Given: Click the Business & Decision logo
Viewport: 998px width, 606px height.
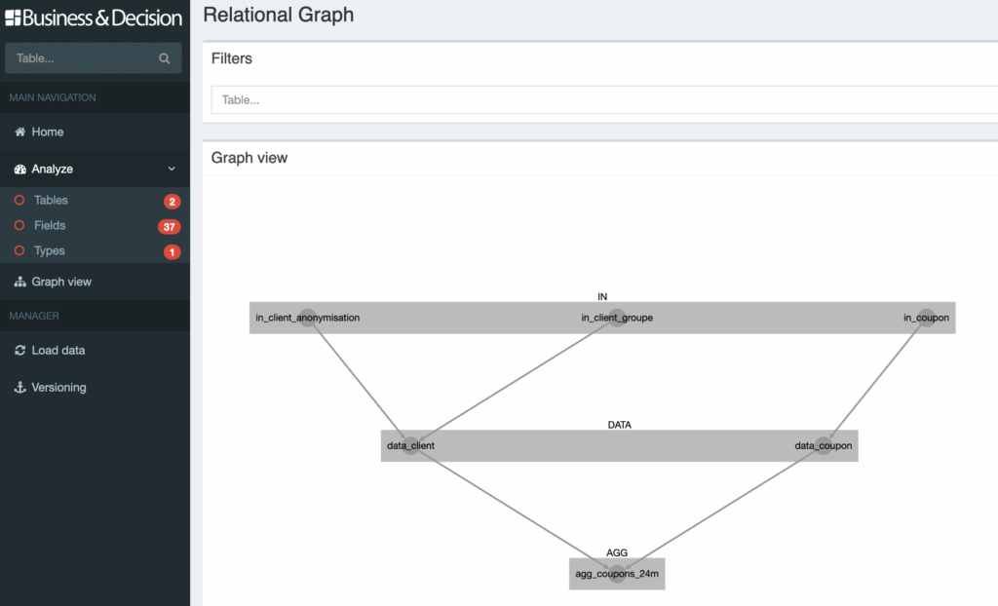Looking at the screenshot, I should (94, 18).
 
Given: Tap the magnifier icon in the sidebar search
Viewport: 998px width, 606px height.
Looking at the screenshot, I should (164, 58).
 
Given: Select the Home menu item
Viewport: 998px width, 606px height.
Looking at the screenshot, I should (47, 132).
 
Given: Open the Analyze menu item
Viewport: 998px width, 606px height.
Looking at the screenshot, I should (52, 169).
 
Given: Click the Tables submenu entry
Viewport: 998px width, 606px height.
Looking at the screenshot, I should (51, 200).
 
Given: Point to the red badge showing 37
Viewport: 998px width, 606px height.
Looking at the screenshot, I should (170, 227).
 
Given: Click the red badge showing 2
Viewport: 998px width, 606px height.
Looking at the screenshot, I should (173, 202).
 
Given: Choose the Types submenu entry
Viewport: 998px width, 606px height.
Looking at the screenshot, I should (49, 250).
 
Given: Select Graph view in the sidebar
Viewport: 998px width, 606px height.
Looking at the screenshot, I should (60, 282).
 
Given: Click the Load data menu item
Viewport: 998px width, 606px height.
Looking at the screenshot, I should (58, 350).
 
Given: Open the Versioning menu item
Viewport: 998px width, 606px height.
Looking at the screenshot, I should (58, 387).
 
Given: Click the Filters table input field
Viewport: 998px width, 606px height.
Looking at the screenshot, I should (604, 99).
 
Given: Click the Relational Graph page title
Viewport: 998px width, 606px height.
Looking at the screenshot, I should (279, 15).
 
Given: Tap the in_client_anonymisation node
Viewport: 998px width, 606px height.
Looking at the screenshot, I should (308, 318).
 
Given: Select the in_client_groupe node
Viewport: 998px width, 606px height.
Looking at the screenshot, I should (617, 318).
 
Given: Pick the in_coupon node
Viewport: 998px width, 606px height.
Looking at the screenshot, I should (927, 318).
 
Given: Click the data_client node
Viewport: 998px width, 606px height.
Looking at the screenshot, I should (410, 445).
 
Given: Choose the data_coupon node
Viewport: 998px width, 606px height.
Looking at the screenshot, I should (825, 445).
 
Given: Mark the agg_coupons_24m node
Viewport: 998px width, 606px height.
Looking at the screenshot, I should (618, 574).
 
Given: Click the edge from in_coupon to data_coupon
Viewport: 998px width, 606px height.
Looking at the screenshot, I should (876, 381).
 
